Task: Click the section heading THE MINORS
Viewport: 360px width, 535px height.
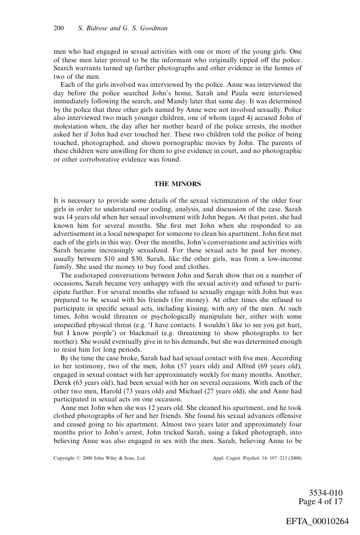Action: pyautogui.click(x=177, y=184)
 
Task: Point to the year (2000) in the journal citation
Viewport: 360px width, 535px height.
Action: pyautogui.click(x=293, y=458)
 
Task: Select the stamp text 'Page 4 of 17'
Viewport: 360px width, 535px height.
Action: pyautogui.click(x=321, y=502)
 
